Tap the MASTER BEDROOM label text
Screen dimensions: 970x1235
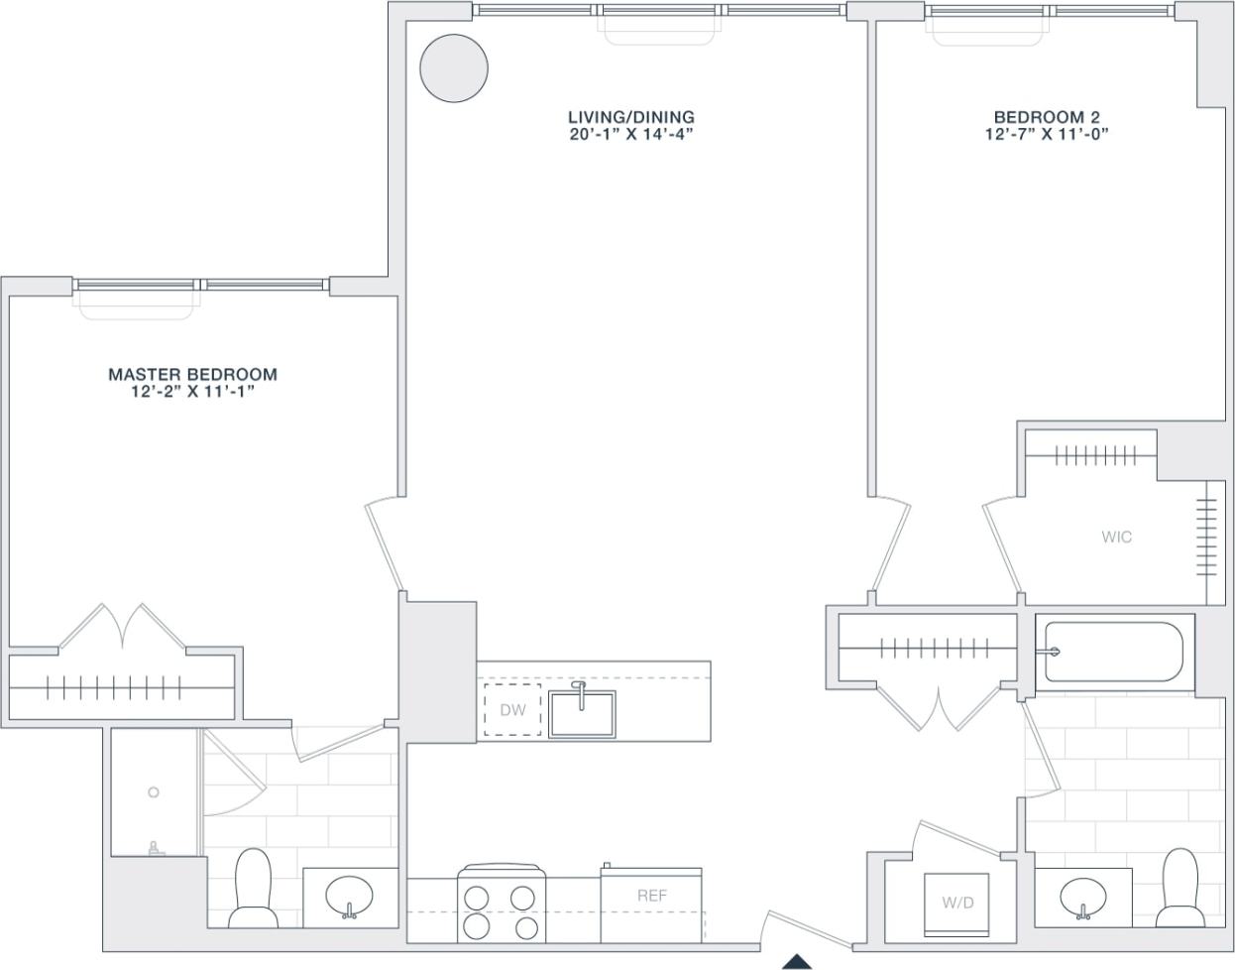(192, 375)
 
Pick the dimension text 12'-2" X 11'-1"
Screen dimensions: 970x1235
(192, 392)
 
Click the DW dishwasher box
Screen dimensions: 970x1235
(512, 710)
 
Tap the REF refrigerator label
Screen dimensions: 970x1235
(651, 896)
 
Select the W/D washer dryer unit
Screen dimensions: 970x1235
(956, 904)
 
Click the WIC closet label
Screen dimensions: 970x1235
(1116, 538)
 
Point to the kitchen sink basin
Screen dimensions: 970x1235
(583, 714)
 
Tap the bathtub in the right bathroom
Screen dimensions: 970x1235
(1114, 652)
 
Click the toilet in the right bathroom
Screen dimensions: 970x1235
(1179, 886)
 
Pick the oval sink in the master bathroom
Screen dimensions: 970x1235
(350, 897)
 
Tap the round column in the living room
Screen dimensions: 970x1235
(454, 67)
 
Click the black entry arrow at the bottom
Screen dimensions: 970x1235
(796, 961)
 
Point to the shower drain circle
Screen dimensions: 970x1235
(154, 791)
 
